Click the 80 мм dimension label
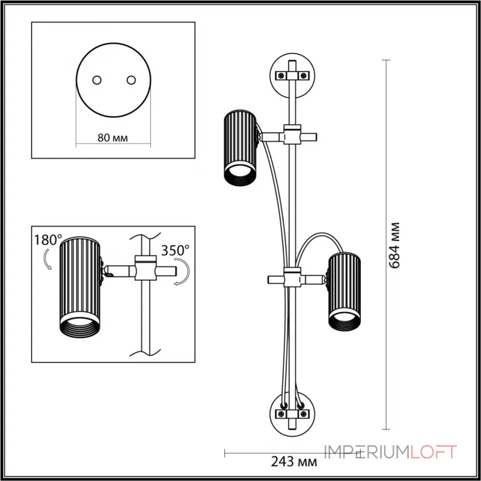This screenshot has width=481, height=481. pos(112,138)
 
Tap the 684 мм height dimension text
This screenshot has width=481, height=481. pos(395,245)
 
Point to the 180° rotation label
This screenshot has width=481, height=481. pos(49,239)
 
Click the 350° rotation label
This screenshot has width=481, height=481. pos(175,248)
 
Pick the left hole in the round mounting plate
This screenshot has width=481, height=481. pos(96,80)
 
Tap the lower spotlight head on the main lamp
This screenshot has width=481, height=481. pos(343,290)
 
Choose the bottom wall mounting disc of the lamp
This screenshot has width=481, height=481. pos(292,413)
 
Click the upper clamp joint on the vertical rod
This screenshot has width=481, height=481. pos(292,136)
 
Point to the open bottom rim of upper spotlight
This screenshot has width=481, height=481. pos(240,176)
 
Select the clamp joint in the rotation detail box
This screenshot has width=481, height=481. pos(145,268)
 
